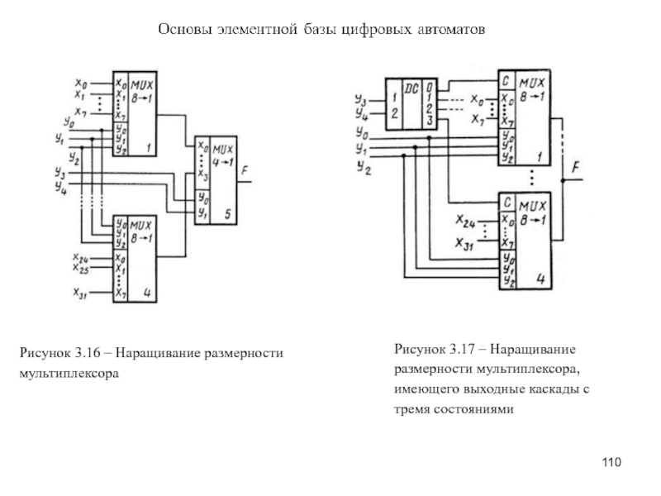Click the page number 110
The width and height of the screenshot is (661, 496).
click(x=611, y=461)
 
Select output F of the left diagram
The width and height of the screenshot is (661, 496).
click(x=245, y=171)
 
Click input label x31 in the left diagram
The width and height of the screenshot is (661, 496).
click(x=80, y=292)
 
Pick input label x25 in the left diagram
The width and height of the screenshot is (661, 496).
click(x=80, y=269)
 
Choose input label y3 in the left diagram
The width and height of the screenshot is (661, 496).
click(x=60, y=172)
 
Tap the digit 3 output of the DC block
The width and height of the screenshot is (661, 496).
click(x=430, y=121)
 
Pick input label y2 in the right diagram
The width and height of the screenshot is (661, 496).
click(x=362, y=168)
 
